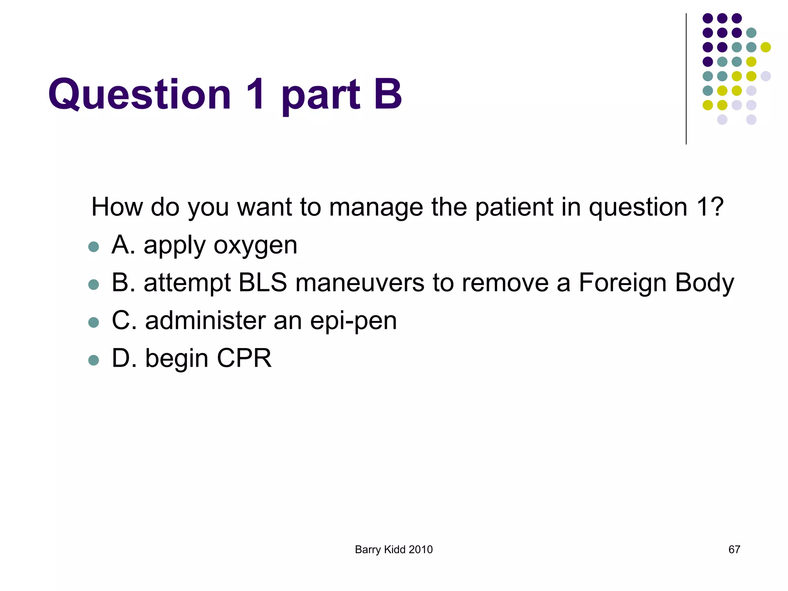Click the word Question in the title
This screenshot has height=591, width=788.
[x=139, y=94]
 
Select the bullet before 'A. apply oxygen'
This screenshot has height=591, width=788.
[x=93, y=247]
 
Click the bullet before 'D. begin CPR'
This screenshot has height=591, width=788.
[x=93, y=360]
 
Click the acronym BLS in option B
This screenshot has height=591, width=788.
[x=262, y=283]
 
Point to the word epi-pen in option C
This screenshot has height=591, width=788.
[x=353, y=322]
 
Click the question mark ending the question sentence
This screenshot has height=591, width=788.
[x=716, y=207]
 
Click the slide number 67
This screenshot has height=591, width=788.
[x=734, y=549]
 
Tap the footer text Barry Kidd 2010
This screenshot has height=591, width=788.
[x=394, y=549]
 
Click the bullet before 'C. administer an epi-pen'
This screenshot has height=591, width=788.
[x=93, y=322]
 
